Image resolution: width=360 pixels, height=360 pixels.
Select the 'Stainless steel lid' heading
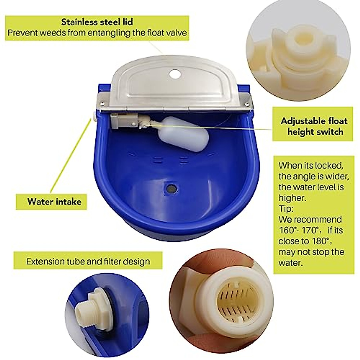click(97, 22)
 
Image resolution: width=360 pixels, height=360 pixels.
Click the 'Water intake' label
click(54, 201)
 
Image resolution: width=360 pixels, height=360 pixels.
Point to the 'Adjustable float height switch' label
click(314, 126)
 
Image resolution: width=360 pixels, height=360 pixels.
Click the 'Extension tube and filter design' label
click(88, 261)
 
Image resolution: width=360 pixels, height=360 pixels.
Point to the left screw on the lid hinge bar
click(103, 103)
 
